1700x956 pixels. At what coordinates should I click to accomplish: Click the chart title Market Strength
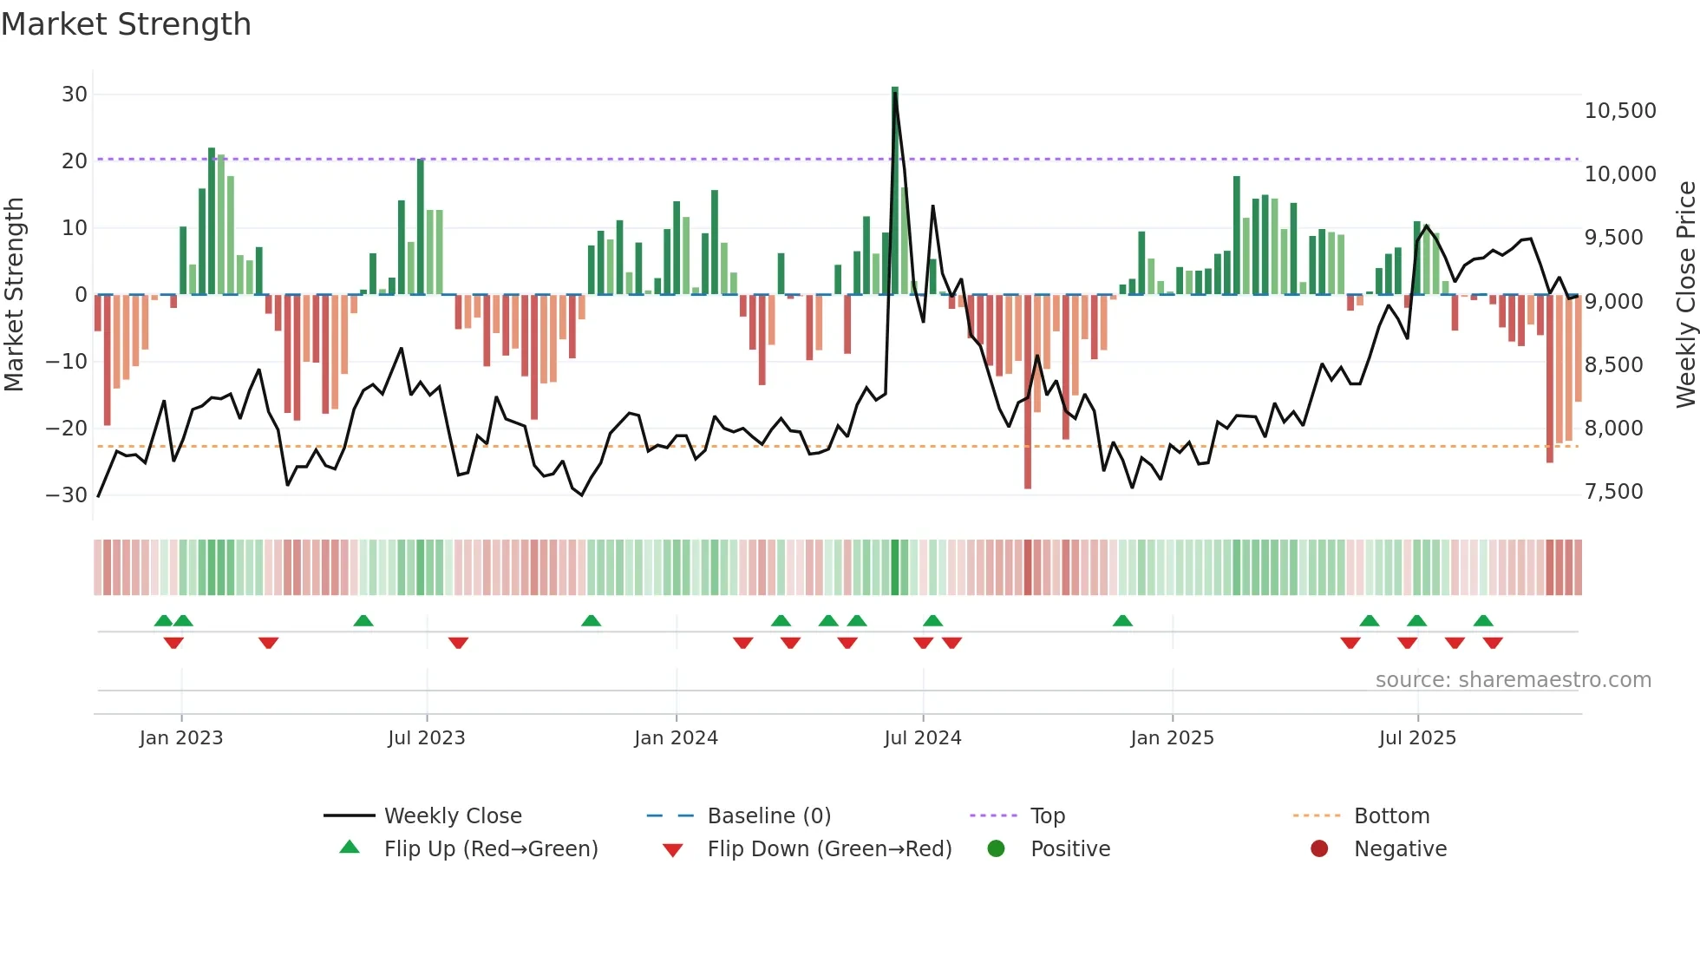[x=127, y=24]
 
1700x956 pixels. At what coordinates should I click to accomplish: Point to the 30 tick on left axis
[x=75, y=94]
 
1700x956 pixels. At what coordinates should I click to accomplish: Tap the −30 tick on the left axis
[x=67, y=494]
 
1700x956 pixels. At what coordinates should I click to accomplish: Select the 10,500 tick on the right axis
[x=1620, y=111]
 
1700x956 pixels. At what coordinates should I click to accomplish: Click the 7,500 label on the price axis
[x=1614, y=492]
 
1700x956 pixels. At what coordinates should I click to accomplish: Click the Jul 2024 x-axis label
[x=923, y=738]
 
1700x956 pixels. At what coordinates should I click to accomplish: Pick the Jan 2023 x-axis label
[x=181, y=738]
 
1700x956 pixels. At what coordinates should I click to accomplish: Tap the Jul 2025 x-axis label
[x=1417, y=738]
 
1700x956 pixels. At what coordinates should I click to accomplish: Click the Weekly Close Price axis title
[x=1685, y=295]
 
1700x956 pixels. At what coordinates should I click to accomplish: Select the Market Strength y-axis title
[x=15, y=295]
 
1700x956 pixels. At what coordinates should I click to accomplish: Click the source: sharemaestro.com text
[x=1513, y=680]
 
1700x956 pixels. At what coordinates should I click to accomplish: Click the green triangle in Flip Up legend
[x=350, y=848]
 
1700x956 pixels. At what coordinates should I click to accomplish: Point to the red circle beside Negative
[x=1319, y=848]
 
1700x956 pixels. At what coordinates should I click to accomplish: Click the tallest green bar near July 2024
[x=895, y=191]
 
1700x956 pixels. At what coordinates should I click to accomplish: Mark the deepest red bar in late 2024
[x=1028, y=390]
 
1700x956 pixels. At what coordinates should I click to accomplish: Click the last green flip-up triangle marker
[x=1483, y=620]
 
